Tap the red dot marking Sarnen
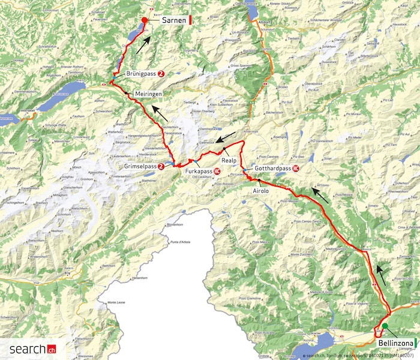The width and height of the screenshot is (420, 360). [x=145, y=20]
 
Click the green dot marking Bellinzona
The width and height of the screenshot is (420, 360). [x=385, y=327]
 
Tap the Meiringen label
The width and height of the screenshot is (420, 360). [x=148, y=94]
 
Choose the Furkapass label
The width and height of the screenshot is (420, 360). [x=199, y=172]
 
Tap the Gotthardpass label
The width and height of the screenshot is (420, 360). [x=273, y=169]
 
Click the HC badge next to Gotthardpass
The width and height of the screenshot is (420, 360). [x=296, y=169]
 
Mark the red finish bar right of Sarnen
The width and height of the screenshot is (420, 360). [x=190, y=20]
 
